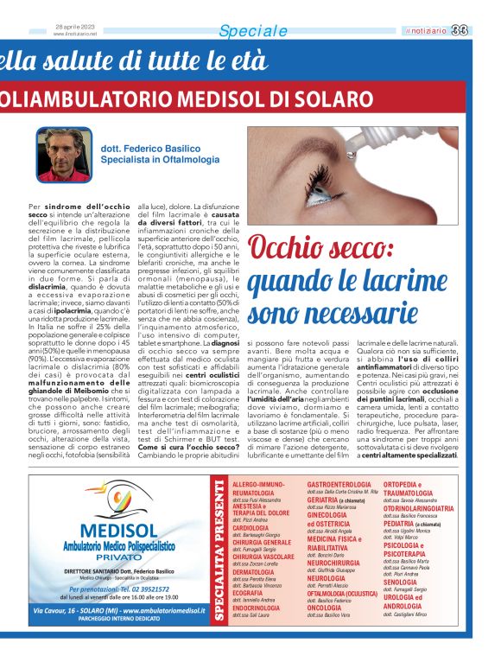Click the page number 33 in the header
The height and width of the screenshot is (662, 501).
(484, 31)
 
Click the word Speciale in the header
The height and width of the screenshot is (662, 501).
(253, 32)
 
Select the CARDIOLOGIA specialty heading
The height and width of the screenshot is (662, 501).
(250, 526)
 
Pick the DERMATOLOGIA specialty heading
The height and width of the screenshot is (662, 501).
(252, 572)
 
